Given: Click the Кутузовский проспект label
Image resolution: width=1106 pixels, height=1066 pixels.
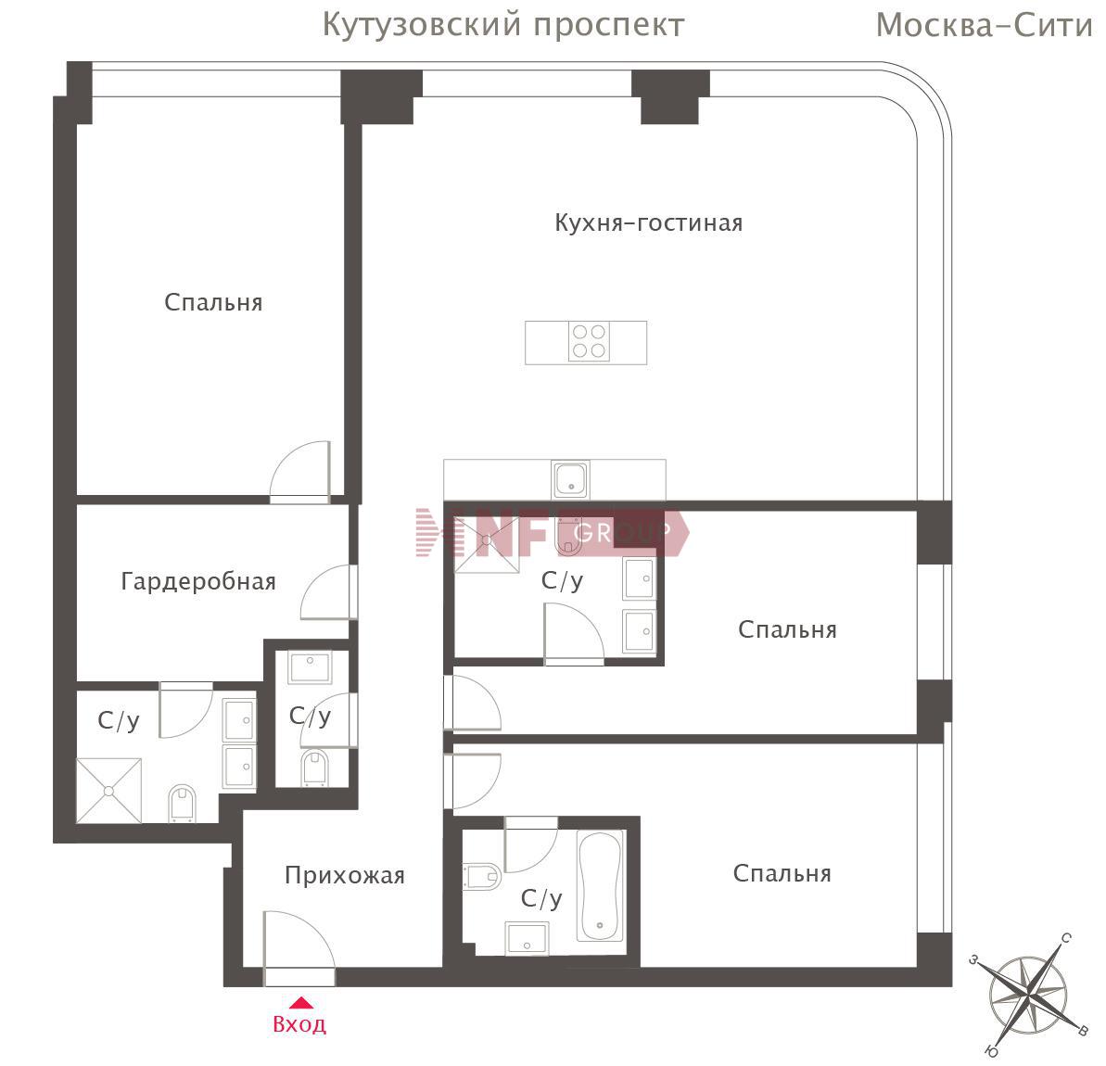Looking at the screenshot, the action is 502,25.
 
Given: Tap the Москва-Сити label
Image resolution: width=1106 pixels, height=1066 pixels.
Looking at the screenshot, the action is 984,25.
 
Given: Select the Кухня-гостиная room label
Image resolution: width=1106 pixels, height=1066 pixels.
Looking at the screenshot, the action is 648,223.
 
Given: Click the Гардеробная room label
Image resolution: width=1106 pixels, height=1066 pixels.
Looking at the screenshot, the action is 198,581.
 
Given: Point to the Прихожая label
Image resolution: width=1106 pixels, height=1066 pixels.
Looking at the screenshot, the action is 345,876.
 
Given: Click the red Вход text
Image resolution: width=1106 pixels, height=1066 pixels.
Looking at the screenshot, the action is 299,1023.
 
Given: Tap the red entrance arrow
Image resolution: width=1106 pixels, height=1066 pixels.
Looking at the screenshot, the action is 301,1003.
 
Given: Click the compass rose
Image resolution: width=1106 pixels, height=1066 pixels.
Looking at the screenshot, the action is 1028,996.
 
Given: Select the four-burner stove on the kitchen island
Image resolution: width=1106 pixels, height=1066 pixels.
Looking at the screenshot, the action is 589,341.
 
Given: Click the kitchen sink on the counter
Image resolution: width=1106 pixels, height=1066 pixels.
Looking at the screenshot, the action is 571,480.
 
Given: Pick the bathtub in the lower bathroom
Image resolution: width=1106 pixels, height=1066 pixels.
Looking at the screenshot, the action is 600,886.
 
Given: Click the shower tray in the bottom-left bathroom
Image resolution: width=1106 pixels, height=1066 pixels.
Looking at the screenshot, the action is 108,791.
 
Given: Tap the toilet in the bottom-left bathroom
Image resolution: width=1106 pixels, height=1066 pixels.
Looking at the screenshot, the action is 183,804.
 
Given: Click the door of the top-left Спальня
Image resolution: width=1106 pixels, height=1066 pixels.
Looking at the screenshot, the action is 300,472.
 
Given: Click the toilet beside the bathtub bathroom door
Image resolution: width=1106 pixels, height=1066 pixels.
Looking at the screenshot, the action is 482,876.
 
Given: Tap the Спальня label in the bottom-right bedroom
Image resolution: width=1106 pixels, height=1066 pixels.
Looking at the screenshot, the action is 782,874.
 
